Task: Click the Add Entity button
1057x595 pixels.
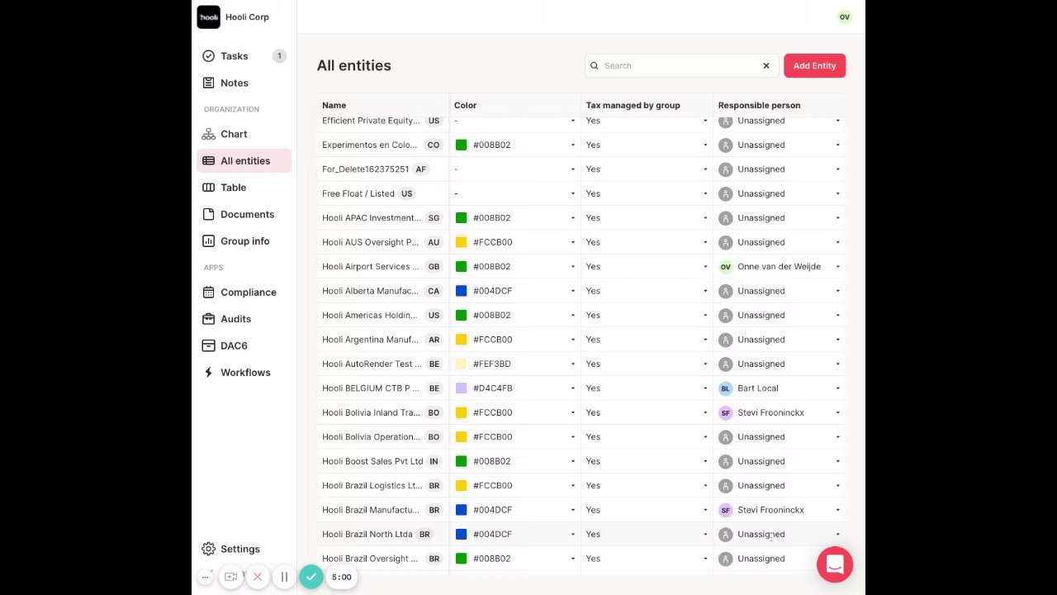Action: click(814, 66)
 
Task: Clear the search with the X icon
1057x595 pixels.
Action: click(766, 66)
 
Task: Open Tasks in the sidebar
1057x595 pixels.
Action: click(234, 56)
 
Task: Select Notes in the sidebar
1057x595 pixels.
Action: click(234, 83)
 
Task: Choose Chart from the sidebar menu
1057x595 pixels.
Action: click(233, 134)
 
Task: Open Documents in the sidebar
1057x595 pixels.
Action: click(247, 214)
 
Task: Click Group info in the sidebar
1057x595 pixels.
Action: click(244, 241)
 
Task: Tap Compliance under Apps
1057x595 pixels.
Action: click(248, 293)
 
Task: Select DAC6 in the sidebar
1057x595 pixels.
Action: click(233, 345)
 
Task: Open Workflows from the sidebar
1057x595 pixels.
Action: click(244, 373)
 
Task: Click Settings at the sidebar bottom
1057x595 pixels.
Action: click(239, 549)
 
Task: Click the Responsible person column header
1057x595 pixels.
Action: click(759, 106)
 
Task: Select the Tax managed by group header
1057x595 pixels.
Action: click(633, 106)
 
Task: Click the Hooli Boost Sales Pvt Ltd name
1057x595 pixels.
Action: click(372, 461)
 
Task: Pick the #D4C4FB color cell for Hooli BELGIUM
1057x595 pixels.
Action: click(492, 388)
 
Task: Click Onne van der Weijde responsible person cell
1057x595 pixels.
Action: click(778, 267)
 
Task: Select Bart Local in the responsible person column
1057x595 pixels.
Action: click(757, 388)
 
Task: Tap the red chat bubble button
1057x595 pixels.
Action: click(834, 564)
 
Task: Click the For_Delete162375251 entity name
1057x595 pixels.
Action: click(365, 169)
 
